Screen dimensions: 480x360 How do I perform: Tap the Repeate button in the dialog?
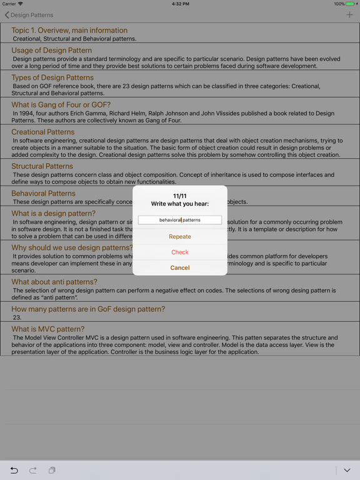(180, 237)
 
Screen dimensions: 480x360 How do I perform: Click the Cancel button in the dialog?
(180, 267)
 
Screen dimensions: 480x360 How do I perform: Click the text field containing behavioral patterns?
(180, 220)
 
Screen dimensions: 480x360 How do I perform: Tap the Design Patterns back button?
(29, 15)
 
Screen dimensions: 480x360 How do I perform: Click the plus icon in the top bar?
(349, 15)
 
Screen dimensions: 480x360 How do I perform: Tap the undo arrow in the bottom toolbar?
(14, 470)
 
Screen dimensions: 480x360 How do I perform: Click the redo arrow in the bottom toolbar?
(33, 470)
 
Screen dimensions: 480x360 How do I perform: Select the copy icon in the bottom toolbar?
(52, 470)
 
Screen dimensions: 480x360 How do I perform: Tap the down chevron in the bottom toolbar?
(347, 470)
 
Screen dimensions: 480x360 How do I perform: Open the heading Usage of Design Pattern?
(52, 51)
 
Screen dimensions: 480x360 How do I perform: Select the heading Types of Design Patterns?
(52, 77)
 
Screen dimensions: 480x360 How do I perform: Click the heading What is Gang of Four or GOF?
(61, 105)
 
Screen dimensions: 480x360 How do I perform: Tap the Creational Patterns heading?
(42, 132)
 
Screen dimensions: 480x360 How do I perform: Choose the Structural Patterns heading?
(42, 166)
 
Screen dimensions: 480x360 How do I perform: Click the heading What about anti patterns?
(54, 282)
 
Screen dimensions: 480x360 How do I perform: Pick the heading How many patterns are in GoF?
(88, 309)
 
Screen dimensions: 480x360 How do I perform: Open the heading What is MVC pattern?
(47, 329)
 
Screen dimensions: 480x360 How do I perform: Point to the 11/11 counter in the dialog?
(180, 196)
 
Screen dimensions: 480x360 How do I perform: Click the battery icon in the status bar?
(351, 4)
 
